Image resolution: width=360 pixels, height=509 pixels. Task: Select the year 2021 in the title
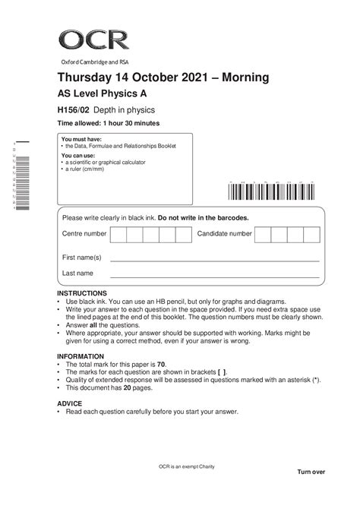194,79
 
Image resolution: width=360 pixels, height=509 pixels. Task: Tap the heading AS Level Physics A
105,95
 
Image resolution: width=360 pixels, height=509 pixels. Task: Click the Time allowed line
108,123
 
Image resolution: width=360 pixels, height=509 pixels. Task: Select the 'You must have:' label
77,140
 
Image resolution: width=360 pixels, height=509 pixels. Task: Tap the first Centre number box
118,234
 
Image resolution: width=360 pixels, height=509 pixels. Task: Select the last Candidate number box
313,234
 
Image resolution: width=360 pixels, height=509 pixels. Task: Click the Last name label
77,273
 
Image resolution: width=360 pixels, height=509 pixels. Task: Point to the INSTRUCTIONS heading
82,293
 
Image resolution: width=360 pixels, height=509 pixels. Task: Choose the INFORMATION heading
81,356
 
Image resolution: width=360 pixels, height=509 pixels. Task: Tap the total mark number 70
159,365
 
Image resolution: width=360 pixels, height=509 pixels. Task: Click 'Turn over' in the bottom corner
311,472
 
